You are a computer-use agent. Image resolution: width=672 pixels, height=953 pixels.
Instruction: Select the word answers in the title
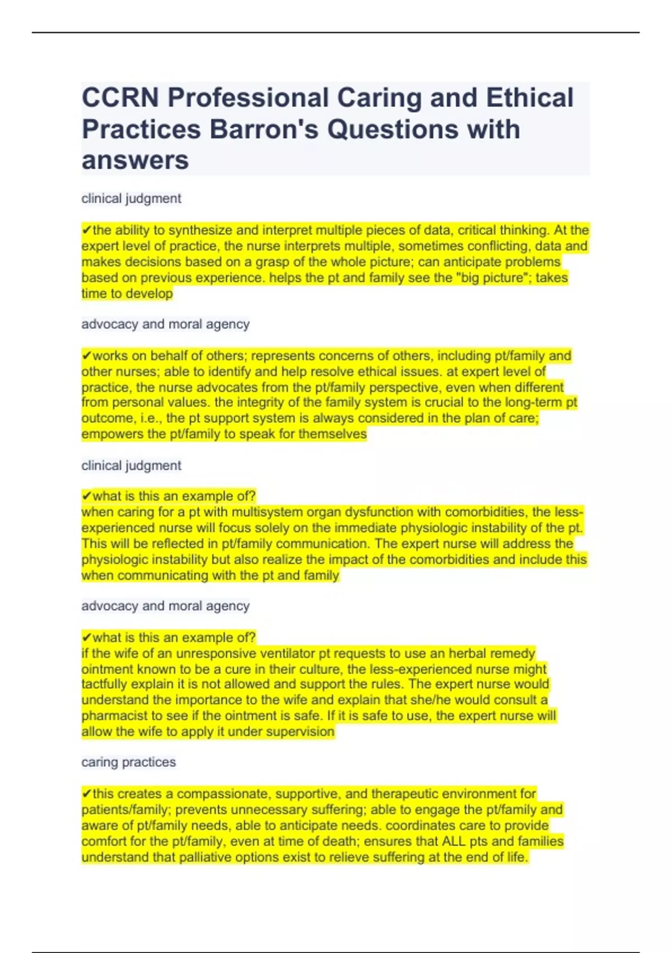135,161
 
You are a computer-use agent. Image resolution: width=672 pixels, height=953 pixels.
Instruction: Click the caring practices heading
128,762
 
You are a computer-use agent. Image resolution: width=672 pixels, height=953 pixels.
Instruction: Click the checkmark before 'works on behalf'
87,356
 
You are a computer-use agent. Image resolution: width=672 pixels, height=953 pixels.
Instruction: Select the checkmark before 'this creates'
87,794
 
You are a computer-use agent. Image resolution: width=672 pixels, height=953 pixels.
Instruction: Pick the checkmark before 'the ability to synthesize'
87,230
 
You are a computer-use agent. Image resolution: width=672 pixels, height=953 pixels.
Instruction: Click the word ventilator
284,654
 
